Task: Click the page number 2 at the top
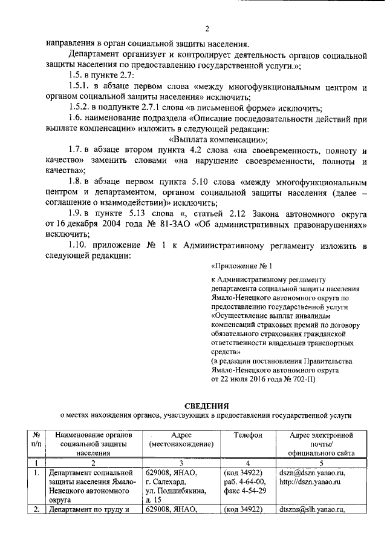coord(206,28)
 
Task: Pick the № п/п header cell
coord(36,440)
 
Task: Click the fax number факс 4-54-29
coord(244,490)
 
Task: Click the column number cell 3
coord(180,463)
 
